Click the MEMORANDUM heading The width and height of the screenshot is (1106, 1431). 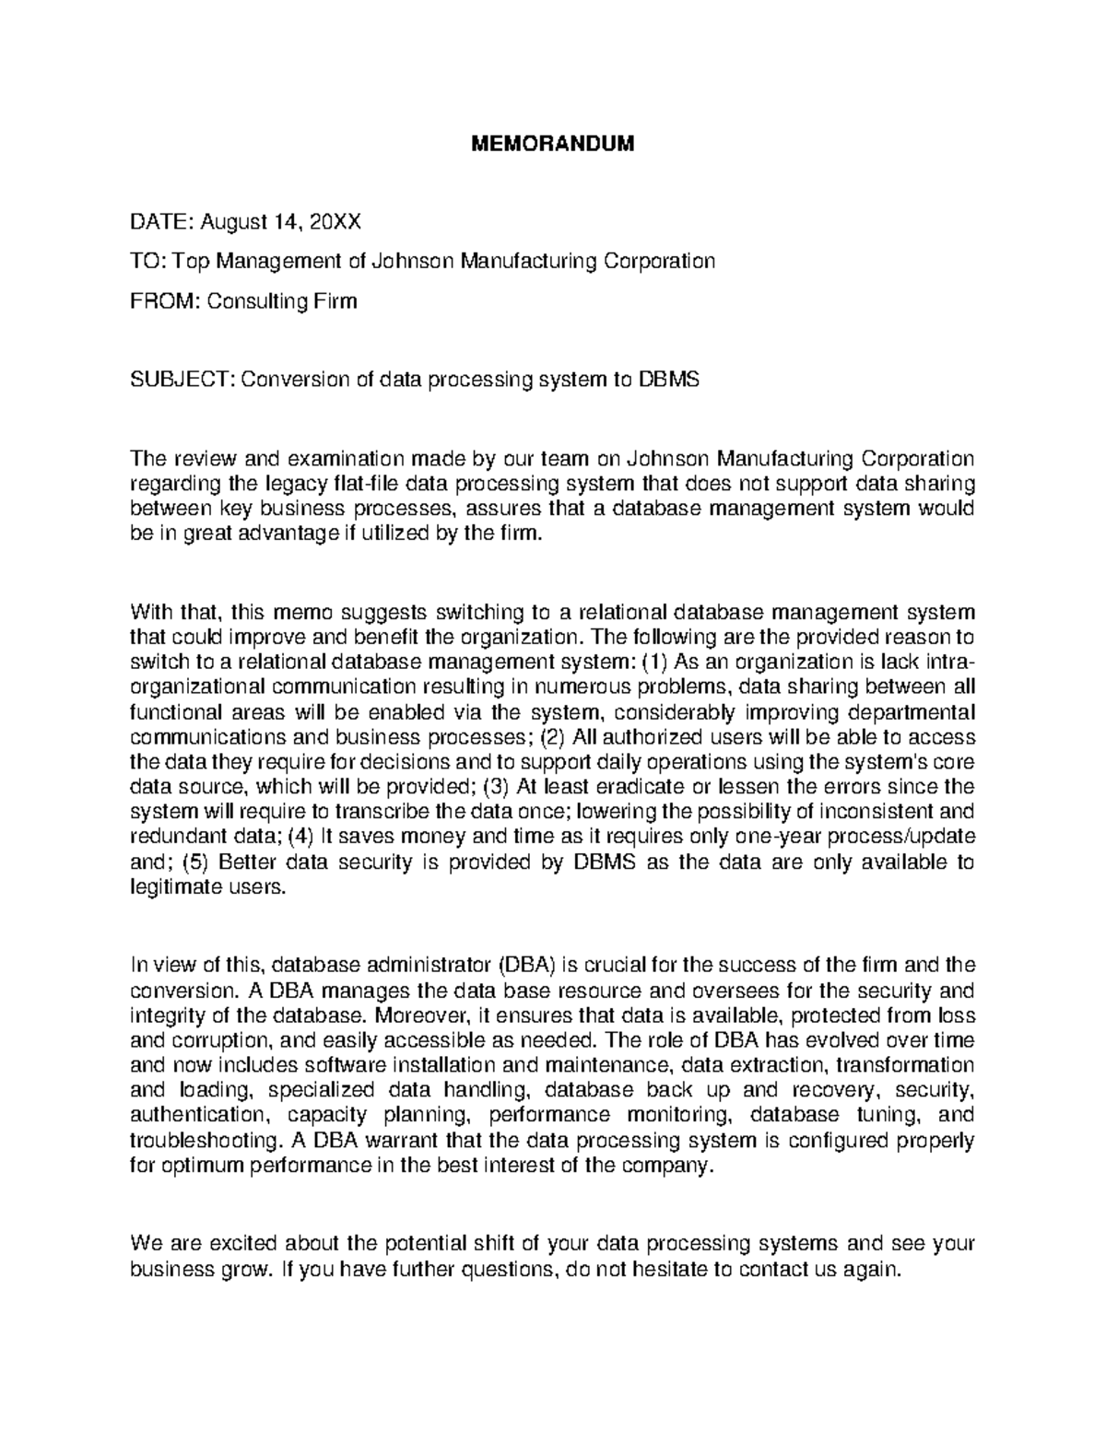pyautogui.click(x=553, y=145)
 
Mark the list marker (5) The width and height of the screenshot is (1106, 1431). pyautogui.click(x=197, y=862)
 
